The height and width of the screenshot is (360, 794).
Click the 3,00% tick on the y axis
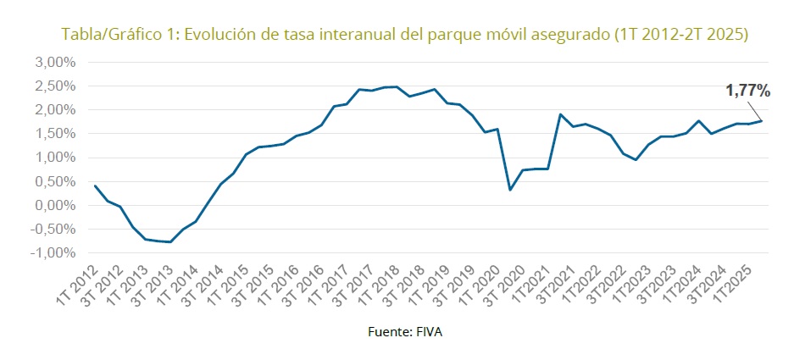(55, 63)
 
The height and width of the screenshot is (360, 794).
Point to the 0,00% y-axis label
(55, 205)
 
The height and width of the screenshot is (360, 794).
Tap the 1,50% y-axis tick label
(55, 134)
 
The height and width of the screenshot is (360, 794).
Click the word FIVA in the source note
(428, 332)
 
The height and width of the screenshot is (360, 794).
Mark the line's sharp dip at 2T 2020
(510, 190)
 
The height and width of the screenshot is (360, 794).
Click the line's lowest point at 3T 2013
(170, 242)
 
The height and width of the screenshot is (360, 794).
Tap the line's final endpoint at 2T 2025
(761, 120)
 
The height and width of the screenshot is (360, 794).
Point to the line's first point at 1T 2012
(95, 186)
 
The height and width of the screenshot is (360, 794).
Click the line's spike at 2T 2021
(560, 114)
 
